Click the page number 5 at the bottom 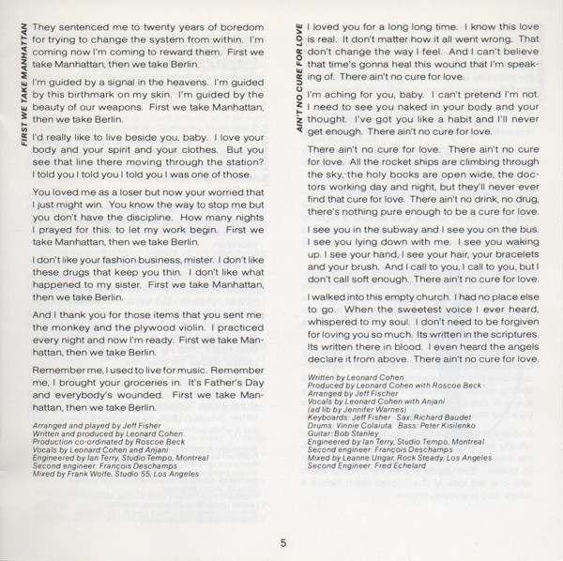point(280,540)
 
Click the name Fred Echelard point(392,490)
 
